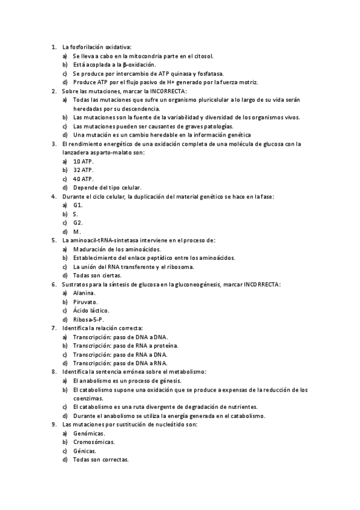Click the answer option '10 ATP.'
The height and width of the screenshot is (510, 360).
click(83, 162)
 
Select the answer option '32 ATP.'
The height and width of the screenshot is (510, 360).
click(83, 170)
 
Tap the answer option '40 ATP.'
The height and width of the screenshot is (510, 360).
click(83, 179)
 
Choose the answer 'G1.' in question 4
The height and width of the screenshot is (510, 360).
click(78, 205)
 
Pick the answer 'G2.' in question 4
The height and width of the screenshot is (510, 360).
click(78, 223)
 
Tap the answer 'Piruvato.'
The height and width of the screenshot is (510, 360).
click(85, 301)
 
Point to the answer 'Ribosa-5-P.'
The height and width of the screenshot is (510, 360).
click(88, 319)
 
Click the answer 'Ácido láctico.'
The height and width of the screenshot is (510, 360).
click(91, 310)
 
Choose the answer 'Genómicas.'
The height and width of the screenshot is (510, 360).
click(89, 433)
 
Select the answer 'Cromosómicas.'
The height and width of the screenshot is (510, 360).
click(94, 441)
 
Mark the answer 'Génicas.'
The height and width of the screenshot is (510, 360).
click(84, 450)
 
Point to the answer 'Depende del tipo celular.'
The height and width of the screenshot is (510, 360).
click(107, 188)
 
